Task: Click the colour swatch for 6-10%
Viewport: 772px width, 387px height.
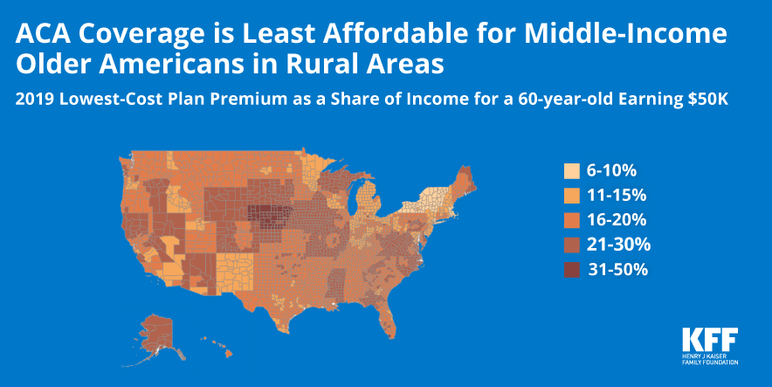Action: (x=572, y=170)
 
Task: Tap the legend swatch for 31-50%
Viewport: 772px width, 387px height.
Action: (x=572, y=270)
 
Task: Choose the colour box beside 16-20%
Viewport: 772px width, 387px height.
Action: (x=572, y=220)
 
